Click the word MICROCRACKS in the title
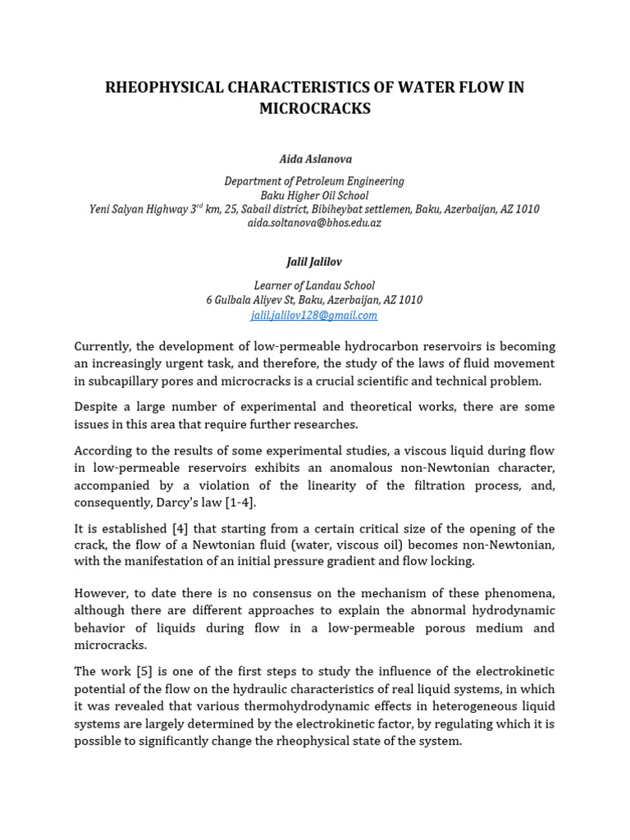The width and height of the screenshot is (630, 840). [x=315, y=108]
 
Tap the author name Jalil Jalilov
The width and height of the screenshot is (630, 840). [x=314, y=262]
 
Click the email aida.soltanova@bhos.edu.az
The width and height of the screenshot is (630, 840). [x=314, y=223]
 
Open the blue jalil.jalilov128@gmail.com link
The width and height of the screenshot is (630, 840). [x=314, y=315]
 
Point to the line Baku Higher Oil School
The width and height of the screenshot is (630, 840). [x=314, y=195]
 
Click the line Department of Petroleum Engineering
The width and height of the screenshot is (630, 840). [x=314, y=181]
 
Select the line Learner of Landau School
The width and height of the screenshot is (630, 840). [x=314, y=285]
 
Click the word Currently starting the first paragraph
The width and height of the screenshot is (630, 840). [x=103, y=346]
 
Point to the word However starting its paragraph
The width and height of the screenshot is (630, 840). [x=102, y=593]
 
